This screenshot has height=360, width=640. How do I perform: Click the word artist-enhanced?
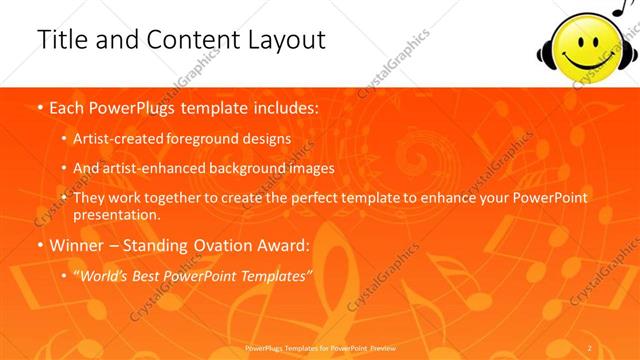(147, 168)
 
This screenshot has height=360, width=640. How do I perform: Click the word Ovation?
(231, 245)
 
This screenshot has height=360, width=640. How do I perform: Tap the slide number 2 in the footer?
(590, 347)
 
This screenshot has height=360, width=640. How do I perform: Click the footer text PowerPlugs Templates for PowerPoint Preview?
(319, 347)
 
